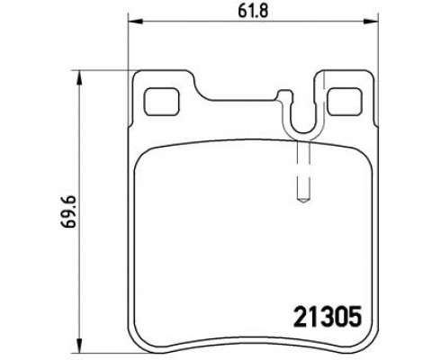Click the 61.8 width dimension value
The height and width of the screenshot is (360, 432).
tap(249, 10)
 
